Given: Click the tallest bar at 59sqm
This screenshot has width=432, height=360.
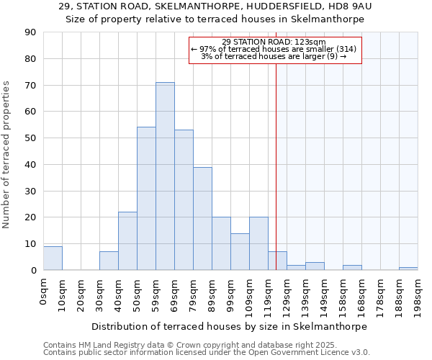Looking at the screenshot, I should (165, 176).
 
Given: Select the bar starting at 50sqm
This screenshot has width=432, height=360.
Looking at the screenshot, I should (146, 199).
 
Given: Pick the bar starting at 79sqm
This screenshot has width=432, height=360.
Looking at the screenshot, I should (202, 218).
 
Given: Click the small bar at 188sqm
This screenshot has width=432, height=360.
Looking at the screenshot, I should (408, 269).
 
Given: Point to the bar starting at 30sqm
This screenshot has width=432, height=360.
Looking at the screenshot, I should (109, 261).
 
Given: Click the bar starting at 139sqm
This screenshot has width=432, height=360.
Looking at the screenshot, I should (315, 266).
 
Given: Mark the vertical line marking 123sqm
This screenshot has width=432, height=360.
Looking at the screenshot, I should (276, 158).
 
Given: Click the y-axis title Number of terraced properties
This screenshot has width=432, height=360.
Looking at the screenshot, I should (7, 155).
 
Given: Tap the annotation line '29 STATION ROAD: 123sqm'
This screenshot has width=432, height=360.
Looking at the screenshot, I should (274, 42).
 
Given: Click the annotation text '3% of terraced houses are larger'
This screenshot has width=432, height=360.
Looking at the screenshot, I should (274, 56).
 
